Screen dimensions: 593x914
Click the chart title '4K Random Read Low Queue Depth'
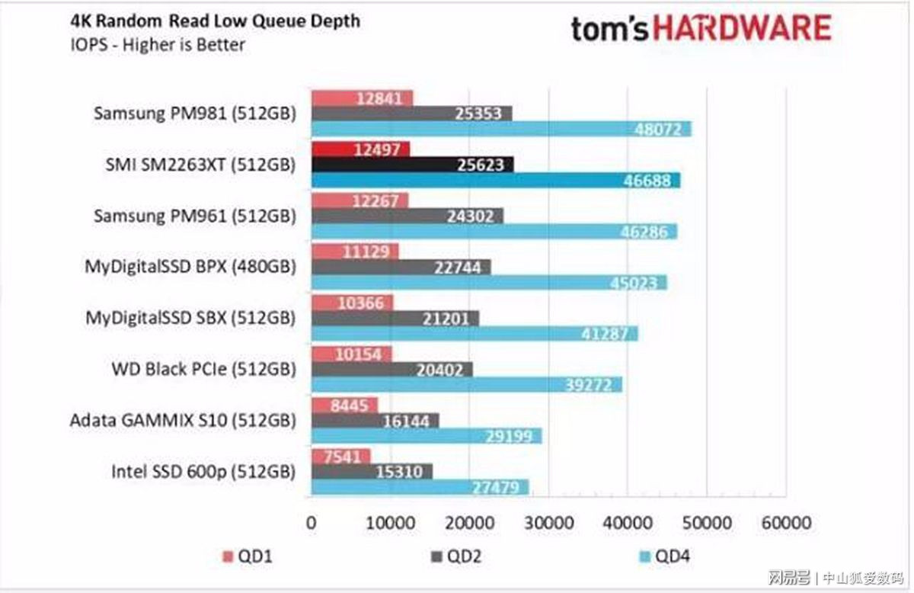pyautogui.click(x=215, y=21)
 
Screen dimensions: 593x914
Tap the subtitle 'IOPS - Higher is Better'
pyautogui.click(x=158, y=45)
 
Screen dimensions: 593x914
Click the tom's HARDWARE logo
pyautogui.click(x=701, y=30)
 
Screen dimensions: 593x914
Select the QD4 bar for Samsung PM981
pyautogui.click(x=501, y=130)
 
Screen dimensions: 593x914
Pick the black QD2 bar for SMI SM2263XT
pyautogui.click(x=412, y=164)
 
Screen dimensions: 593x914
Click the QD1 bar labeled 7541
pyautogui.click(x=340, y=456)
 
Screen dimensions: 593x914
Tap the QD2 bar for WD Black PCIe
pyautogui.click(x=391, y=369)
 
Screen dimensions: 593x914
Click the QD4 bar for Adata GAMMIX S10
pyautogui.click(x=426, y=436)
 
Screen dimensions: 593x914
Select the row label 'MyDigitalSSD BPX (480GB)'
pyautogui.click(x=190, y=268)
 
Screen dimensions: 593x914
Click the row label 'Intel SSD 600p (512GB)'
pyautogui.click(x=203, y=472)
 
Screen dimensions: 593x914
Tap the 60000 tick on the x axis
pyautogui.click(x=786, y=524)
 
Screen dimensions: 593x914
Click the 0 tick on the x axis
pyautogui.click(x=311, y=524)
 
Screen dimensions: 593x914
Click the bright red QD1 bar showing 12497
pyautogui.click(x=360, y=149)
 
